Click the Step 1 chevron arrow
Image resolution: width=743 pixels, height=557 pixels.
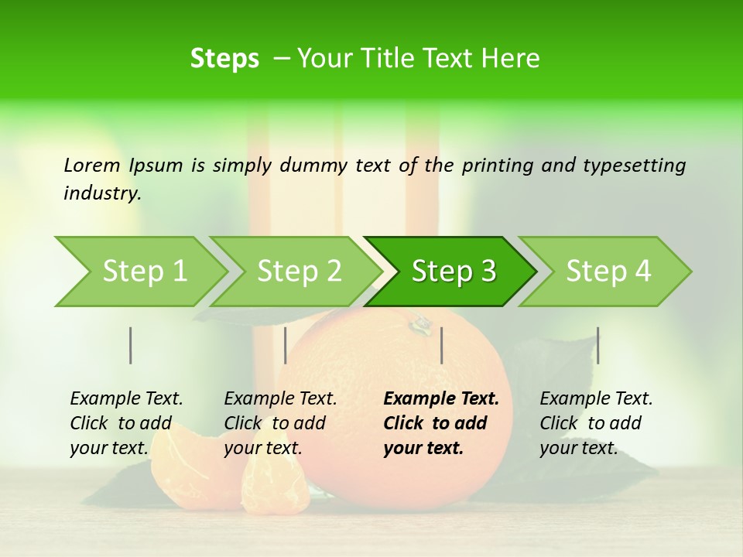(x=139, y=272)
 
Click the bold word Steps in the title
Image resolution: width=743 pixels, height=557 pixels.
(x=224, y=59)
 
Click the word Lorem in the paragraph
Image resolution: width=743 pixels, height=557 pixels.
(x=92, y=165)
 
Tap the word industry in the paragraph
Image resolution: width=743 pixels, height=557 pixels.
(x=101, y=193)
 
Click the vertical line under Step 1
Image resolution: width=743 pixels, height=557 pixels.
(x=131, y=345)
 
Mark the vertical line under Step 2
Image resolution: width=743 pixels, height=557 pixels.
(x=286, y=345)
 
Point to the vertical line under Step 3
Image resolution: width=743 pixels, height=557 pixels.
(x=441, y=345)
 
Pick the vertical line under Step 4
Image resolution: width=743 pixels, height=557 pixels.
(x=597, y=345)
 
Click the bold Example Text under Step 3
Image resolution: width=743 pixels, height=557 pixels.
(x=441, y=399)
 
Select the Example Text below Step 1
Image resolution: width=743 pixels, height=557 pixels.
(x=126, y=399)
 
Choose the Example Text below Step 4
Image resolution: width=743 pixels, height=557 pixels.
(x=596, y=399)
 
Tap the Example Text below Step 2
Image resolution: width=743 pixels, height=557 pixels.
(x=280, y=399)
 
